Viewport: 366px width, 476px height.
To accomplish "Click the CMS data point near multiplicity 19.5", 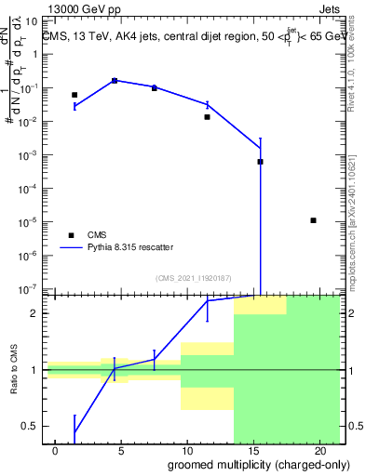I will (x=314, y=220).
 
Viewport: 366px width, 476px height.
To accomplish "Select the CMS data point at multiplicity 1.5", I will (x=75, y=95).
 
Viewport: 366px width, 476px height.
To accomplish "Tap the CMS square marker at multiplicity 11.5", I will (x=208, y=117).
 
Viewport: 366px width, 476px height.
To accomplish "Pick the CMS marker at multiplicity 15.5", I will (x=261, y=162).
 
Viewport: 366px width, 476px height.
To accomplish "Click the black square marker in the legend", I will (x=71, y=235).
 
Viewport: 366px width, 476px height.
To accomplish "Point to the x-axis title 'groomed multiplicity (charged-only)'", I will (x=246, y=463).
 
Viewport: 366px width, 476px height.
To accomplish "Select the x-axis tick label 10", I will (x=187, y=450).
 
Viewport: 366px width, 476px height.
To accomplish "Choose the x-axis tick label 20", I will (x=319, y=450).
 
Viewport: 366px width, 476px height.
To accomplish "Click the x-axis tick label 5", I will (x=121, y=450).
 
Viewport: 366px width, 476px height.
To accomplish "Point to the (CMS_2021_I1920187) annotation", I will (x=193, y=278).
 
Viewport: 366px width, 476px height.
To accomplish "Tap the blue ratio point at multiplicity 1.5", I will (x=75, y=431).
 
